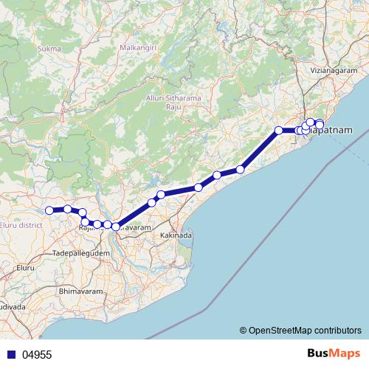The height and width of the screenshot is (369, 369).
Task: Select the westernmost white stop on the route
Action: coord(50,210)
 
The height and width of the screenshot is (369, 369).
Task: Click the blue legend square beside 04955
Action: coord(12,354)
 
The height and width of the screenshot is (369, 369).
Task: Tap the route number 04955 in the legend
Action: coord(37,354)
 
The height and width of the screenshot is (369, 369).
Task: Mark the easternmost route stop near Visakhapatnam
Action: coord(320,125)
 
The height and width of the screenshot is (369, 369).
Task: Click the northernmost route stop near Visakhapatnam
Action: coord(311,122)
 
